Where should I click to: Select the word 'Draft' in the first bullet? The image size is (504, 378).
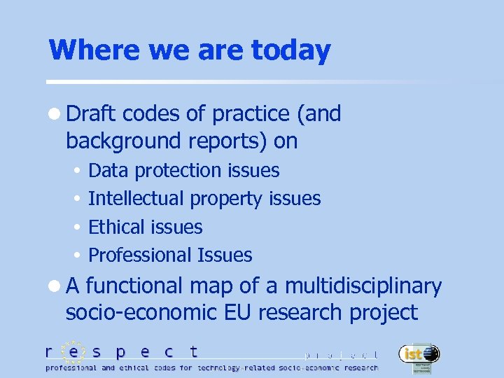pos(92,113)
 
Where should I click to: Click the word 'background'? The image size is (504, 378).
pos(125,141)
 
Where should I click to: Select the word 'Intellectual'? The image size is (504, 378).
pos(136,199)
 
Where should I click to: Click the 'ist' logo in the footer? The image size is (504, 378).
pos(419,356)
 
